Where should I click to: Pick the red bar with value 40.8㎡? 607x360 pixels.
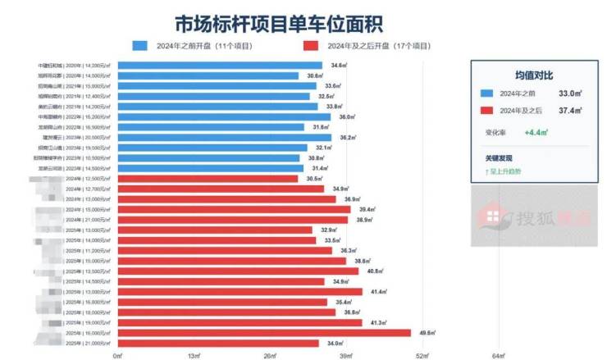(x=238, y=271)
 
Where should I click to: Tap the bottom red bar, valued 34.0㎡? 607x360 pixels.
(x=218, y=343)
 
